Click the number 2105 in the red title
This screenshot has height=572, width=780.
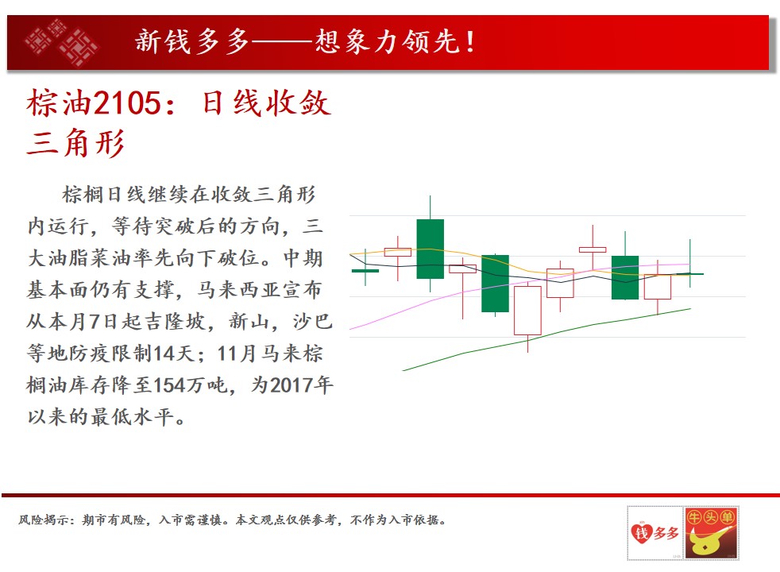point(127,103)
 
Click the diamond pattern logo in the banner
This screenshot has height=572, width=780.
point(62,42)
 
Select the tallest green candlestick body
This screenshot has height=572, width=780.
point(430,249)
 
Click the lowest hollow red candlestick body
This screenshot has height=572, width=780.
point(527,311)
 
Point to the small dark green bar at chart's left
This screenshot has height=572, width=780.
point(365,271)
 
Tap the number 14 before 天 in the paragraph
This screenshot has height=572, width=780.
point(164,354)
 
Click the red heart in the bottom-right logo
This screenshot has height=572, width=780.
point(641,533)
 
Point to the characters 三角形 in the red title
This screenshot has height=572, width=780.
point(75,143)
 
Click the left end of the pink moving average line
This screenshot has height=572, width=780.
point(350,329)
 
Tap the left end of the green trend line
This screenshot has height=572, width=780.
point(403,370)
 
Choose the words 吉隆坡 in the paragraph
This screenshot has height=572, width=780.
point(175,322)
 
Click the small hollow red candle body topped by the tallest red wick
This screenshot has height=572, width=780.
point(593,249)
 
